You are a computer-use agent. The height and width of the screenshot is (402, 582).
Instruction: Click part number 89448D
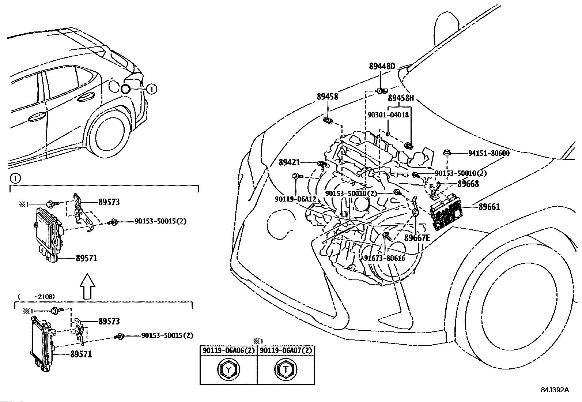point(382,66)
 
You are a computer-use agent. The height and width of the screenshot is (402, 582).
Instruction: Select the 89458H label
point(401,98)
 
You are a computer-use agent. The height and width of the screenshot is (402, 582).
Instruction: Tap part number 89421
point(290,162)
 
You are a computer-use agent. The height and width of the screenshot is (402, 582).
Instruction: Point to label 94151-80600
point(489,153)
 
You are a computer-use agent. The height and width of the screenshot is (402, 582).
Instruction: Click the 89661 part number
point(489,207)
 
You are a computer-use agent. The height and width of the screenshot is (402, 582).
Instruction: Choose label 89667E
point(417,238)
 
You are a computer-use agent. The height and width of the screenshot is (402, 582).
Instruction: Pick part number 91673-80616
point(385,258)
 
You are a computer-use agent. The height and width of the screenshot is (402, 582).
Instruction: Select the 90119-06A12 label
point(296,199)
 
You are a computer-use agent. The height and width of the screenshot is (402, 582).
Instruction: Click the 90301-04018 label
point(388,114)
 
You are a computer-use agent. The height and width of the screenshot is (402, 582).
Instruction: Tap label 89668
point(468,184)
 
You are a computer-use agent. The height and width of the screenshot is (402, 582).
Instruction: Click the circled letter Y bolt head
point(228,369)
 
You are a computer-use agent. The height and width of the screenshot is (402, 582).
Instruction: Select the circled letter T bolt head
point(286,369)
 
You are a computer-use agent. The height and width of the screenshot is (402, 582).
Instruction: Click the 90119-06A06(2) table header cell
point(228,350)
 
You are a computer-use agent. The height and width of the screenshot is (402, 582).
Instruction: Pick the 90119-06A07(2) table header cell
point(286,350)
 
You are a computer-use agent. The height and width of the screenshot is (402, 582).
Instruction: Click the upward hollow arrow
point(87,286)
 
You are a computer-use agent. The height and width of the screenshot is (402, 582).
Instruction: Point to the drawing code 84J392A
point(555,390)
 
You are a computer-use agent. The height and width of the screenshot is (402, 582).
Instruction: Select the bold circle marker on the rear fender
point(125,89)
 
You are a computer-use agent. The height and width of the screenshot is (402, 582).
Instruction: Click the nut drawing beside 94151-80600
point(447,153)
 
